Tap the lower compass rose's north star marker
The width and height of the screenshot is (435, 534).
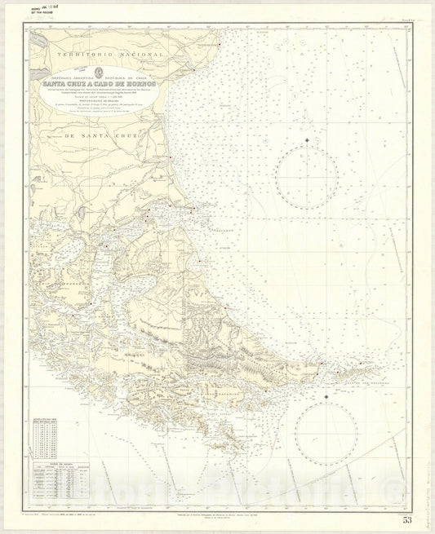click(326, 396)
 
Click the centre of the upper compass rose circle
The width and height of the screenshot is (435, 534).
click(306, 179)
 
